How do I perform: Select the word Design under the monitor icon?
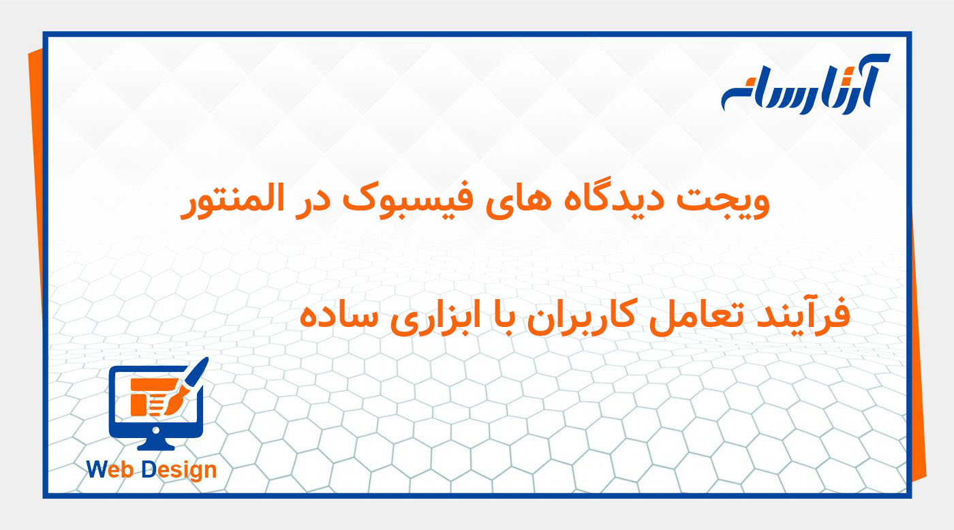pyautogui.click(x=178, y=469)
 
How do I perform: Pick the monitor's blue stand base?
pyautogui.click(x=156, y=445)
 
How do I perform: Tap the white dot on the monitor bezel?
pyautogui.click(x=156, y=430)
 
